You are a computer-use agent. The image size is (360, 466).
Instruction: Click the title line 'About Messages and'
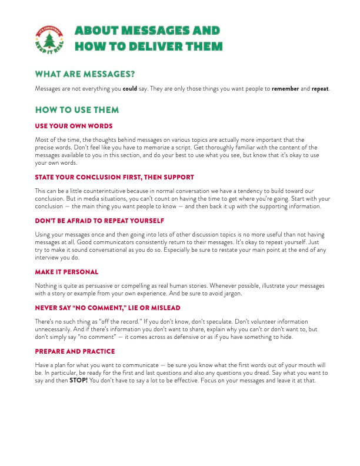(x=147, y=31)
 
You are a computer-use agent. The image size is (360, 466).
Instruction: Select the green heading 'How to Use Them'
(x=77, y=110)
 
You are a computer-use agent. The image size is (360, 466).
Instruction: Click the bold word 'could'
(x=129, y=89)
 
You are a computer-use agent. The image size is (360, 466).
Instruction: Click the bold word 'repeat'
(x=320, y=89)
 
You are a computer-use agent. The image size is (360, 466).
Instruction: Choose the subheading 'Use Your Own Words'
(x=74, y=126)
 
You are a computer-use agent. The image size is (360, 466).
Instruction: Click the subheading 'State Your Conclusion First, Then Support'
(x=114, y=177)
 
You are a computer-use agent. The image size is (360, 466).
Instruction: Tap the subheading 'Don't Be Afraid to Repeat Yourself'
(x=99, y=220)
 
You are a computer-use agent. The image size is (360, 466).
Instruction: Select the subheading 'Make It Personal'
(x=66, y=272)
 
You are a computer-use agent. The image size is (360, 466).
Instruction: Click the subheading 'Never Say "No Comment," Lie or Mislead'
(x=107, y=308)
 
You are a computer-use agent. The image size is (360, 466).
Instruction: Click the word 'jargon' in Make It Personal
(x=246, y=294)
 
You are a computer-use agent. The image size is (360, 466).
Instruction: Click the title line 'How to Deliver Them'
(x=148, y=46)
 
